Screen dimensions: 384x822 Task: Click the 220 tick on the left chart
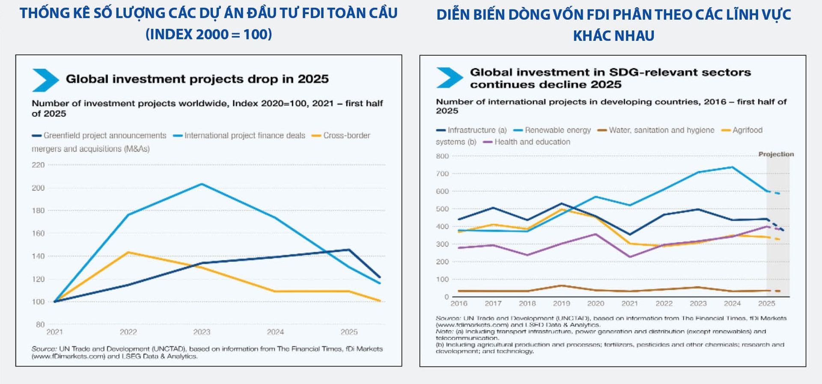38,165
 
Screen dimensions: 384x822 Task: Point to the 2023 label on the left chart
202,332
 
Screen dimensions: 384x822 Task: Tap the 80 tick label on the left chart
40,324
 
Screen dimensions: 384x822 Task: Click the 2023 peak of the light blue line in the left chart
202,184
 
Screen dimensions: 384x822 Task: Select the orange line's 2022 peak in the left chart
128,253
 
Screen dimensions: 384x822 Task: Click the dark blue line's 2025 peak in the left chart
349,250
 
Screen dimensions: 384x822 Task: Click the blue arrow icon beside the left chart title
45,80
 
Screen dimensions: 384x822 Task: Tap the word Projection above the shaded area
776,154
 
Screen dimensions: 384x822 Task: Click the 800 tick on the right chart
442,156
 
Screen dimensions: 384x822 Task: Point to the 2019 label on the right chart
561,304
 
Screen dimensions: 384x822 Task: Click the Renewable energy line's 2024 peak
732,167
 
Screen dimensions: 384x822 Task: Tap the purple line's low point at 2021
630,257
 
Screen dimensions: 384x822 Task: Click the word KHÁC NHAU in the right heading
614,36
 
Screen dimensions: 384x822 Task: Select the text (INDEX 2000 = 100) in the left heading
208,34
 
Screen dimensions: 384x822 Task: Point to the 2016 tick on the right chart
459,304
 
